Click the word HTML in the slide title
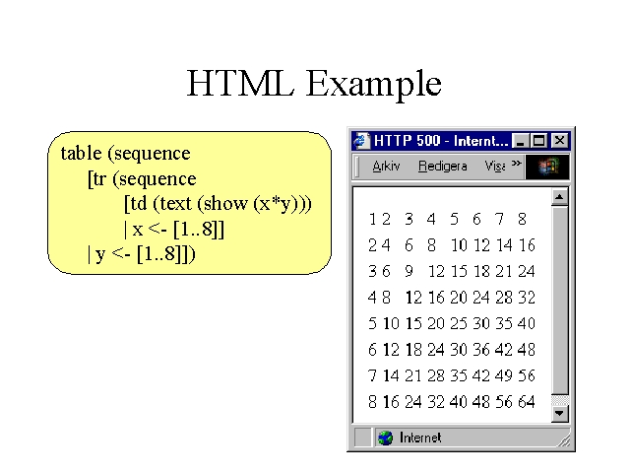[240, 83]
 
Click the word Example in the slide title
[374, 86]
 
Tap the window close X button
[560, 141]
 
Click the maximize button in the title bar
[539, 141]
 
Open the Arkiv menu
[386, 166]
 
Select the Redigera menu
[442, 167]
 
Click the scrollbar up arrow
[560, 197]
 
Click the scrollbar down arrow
[560, 413]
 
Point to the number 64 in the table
[527, 401]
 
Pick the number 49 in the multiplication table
[504, 375]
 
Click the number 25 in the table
[459, 323]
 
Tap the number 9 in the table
[409, 271]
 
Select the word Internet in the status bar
[420, 438]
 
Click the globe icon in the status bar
[386, 438]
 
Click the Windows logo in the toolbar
[547, 167]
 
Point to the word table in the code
[81, 153]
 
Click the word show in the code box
[225, 204]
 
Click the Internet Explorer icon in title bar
[361, 141]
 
